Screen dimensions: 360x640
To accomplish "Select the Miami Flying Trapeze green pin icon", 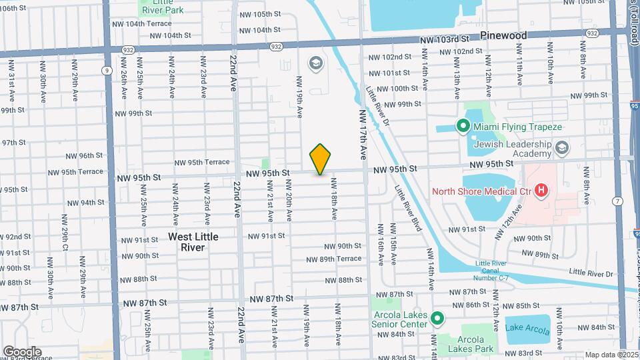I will pyautogui.click(x=462, y=126).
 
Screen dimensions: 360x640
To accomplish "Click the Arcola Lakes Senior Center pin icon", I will pyautogui.click(x=438, y=319).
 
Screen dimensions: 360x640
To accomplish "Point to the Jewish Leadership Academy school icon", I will pyautogui.click(x=562, y=147).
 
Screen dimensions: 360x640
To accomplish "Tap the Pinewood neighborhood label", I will pyautogui.click(x=503, y=35).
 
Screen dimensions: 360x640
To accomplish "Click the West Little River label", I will pyautogui.click(x=193, y=241).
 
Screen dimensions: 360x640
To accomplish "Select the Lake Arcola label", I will pyautogui.click(x=527, y=327).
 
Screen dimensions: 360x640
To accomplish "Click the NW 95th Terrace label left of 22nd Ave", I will pyautogui.click(x=202, y=162).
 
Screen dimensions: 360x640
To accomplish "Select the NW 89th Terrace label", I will pyautogui.click(x=334, y=259).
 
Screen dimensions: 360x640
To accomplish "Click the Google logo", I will pyautogui.click(x=22, y=352).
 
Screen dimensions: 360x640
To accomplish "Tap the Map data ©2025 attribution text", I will pyautogui.click(x=611, y=355).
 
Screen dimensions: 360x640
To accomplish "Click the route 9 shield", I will pyautogui.click(x=107, y=69).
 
